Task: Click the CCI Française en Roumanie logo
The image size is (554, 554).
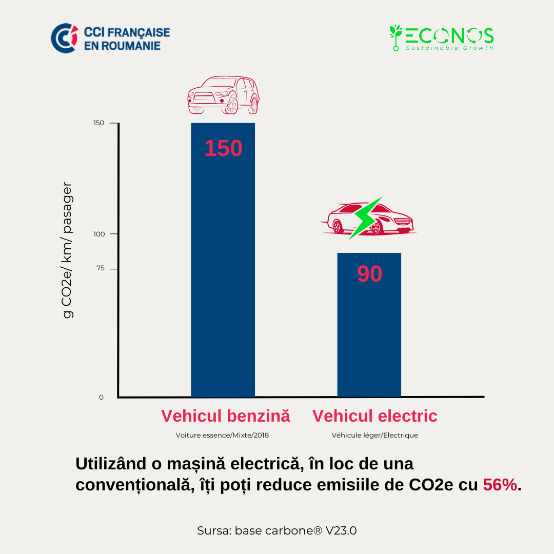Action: [x=110, y=38]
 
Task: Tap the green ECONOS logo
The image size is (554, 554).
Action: [x=441, y=37]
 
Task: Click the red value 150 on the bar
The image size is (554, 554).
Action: [x=223, y=148]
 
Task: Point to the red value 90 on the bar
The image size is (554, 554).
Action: [x=369, y=274]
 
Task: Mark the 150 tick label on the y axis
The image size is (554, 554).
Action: [x=99, y=123]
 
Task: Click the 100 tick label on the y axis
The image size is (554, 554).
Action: [x=99, y=234]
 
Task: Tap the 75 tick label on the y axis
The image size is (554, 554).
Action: [x=100, y=268]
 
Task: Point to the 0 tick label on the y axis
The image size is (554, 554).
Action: [x=101, y=397]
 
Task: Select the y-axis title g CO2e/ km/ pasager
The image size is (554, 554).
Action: [x=68, y=250]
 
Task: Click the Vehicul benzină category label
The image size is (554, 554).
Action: [x=226, y=415]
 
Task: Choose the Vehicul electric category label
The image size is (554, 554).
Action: [x=375, y=415]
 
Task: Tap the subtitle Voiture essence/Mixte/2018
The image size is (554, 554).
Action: [x=222, y=435]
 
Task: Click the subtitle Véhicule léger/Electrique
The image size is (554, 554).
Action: [x=374, y=435]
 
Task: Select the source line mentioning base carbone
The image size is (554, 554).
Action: [x=276, y=530]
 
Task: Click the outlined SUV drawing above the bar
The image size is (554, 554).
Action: [x=223, y=95]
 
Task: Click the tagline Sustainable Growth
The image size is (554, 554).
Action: [x=449, y=48]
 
